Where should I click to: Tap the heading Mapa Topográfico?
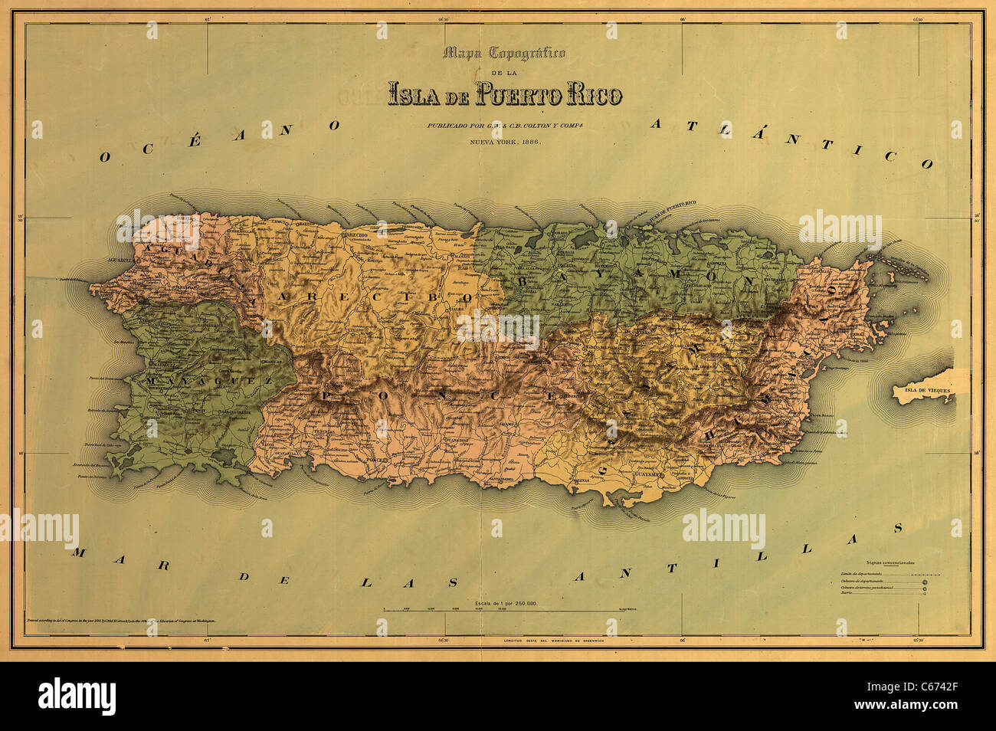click(505, 53)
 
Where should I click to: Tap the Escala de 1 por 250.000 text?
click(497, 604)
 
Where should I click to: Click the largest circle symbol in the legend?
click(926, 583)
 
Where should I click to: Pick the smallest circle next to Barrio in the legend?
click(926, 592)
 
